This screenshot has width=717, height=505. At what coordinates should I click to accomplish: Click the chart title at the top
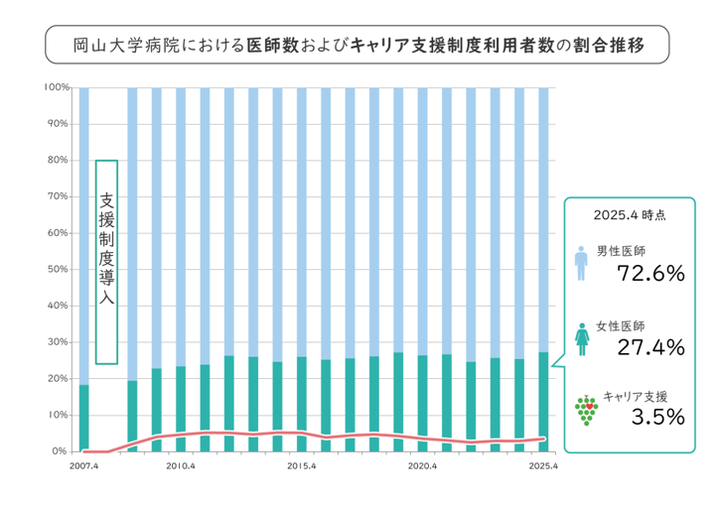[358, 45]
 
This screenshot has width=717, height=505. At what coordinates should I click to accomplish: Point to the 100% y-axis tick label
[58, 87]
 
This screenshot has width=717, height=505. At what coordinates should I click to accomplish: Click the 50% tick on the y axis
[60, 269]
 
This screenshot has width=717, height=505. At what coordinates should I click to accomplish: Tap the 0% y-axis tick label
[62, 451]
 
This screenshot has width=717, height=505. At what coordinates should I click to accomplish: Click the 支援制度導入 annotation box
[107, 262]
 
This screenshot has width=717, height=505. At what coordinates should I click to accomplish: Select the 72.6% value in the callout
[650, 274]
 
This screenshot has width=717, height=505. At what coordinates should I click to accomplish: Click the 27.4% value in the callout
[650, 346]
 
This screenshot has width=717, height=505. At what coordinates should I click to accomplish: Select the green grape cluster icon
[586, 410]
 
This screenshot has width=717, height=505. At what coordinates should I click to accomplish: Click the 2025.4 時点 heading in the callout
[629, 214]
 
